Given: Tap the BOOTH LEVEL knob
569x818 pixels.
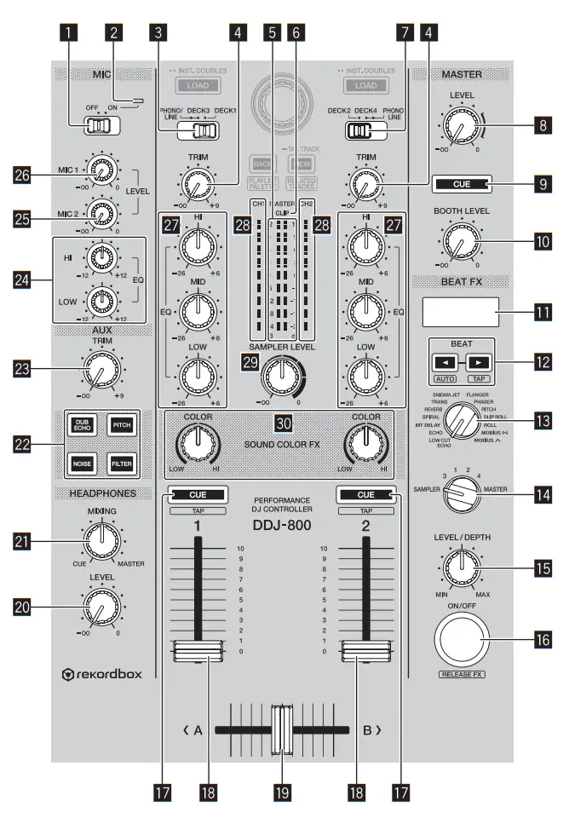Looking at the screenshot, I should click(460, 241).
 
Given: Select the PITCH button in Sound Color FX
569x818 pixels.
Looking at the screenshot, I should click(121, 423).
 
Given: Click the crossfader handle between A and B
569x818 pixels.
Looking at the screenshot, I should click(281, 729).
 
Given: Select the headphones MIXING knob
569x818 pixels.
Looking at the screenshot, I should click(101, 537).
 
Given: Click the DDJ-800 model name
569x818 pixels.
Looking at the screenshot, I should click(284, 526).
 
